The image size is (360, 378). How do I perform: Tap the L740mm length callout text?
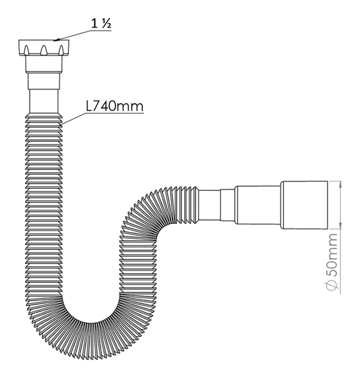coord(114,106)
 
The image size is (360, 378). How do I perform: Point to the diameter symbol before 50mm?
coord(332,287)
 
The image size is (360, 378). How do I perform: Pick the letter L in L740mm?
coord(89,106)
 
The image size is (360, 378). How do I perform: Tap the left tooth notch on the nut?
coord(31,49)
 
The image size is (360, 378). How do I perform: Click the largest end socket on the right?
coord(305,204)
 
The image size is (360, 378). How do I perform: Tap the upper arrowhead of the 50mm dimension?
coord(340,184)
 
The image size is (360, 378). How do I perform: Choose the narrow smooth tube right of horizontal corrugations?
coord(210,205)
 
